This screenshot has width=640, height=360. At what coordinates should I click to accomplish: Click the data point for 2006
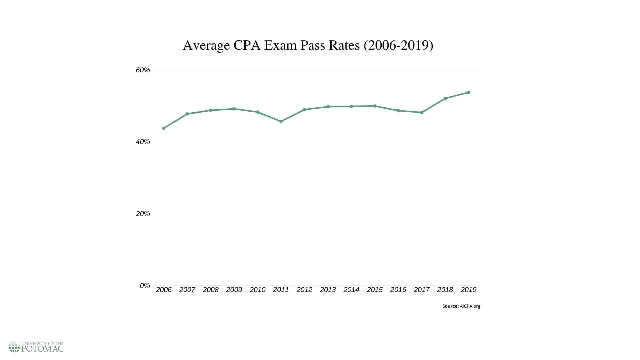164,128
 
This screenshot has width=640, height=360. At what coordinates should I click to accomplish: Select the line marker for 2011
281,121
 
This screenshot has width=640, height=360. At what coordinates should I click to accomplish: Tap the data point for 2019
468,92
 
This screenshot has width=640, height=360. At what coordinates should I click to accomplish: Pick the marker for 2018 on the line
445,98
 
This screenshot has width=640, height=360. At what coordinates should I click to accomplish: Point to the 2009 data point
234,109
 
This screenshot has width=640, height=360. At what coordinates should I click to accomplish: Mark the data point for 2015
375,106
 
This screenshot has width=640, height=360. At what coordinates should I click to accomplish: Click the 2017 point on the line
422,112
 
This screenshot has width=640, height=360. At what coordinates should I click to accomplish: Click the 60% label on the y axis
143,70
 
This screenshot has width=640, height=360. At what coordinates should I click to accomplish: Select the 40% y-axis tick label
143,142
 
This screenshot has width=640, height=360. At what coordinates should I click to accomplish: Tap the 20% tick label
143,214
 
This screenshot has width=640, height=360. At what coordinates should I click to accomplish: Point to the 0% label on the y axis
145,286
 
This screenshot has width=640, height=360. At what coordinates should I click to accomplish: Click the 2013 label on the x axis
328,290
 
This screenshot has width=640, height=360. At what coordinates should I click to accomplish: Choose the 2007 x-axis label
187,290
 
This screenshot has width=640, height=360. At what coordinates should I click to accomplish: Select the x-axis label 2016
398,290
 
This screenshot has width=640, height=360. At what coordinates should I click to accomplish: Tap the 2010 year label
257,290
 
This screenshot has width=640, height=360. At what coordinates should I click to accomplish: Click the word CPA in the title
246,45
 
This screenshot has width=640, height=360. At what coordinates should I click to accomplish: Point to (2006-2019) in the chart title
398,45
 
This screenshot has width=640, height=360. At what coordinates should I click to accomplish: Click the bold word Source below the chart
450,306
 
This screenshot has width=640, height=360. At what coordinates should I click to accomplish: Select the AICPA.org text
470,306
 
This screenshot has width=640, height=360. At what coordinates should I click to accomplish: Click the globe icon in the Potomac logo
14,347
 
